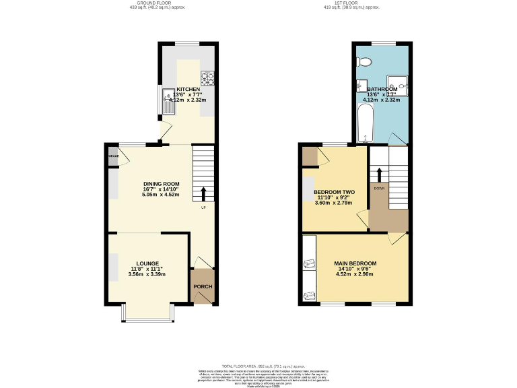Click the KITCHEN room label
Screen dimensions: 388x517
[x=188, y=89]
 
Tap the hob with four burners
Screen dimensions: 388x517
[x=209, y=79]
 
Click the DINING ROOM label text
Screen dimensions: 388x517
[x=161, y=183]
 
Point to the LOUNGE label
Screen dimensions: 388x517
[x=147, y=263]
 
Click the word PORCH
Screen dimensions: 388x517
[x=203, y=287]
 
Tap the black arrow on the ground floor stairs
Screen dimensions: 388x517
[x=203, y=194]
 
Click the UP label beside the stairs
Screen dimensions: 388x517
[x=203, y=207]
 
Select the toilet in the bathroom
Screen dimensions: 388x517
[x=364, y=62]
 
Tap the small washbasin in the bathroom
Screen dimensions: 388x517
[x=361, y=86]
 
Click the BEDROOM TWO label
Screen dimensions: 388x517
[x=334, y=192]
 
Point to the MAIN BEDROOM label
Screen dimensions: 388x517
[x=355, y=263]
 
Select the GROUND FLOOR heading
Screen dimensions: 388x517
[x=156, y=3]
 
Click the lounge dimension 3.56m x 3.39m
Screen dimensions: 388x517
[x=146, y=276]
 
